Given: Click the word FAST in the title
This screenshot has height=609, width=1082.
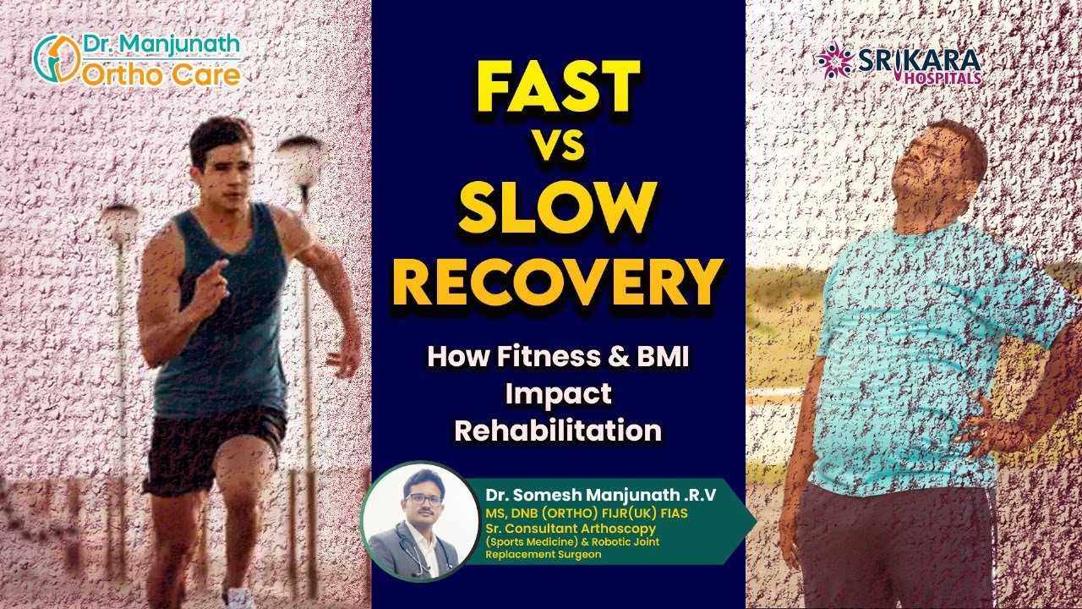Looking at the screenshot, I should click(559, 89).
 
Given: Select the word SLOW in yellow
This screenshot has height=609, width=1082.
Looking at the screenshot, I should click(559, 205).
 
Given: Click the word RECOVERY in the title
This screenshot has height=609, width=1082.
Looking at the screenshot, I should click(559, 283).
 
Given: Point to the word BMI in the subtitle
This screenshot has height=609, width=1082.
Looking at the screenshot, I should click(659, 356).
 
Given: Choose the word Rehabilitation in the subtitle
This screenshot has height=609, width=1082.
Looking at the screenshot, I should click(558, 431).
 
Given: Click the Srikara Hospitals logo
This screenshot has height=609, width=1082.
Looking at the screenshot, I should click(898, 63).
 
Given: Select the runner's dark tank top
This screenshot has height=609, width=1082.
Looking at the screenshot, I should click(219, 330).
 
